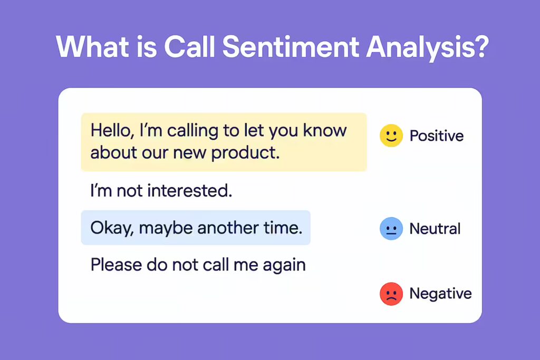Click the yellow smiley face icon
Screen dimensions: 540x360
[391, 135]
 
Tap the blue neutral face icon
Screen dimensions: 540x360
[391, 229]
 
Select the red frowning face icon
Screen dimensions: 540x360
[391, 294]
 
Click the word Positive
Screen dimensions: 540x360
[436, 135]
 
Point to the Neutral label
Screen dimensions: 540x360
[435, 229]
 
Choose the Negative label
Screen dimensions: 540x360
[440, 294]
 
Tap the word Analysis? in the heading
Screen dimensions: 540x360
[427, 47]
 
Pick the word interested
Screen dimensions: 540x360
[189, 190]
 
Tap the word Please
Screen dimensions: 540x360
[116, 265]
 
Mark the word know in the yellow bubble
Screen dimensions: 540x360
[325, 130]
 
